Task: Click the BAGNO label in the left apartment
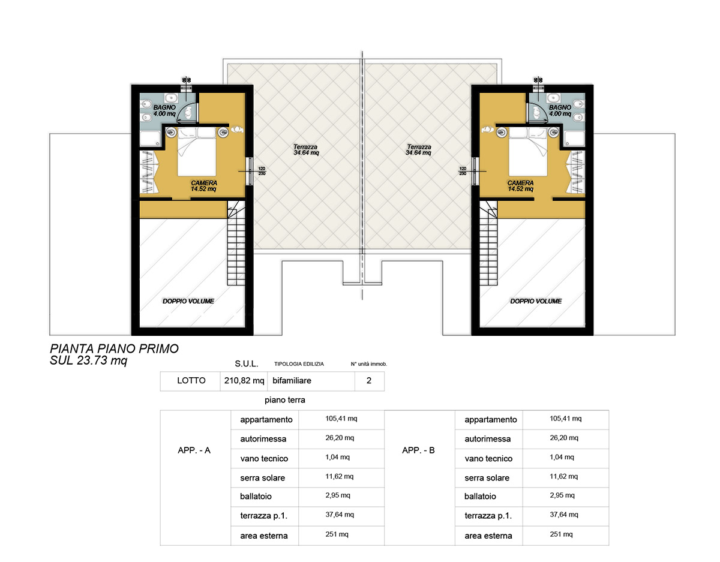click(x=164, y=107)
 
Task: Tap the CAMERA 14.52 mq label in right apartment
click(x=521, y=186)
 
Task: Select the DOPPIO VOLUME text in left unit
click(x=188, y=301)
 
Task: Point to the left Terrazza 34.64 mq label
click(x=306, y=150)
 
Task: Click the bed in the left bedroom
click(x=197, y=152)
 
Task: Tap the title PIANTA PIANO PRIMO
click(x=115, y=348)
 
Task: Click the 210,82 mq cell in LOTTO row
click(x=244, y=380)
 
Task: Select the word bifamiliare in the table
click(x=292, y=380)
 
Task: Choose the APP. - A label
click(x=194, y=450)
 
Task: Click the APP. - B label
click(x=418, y=450)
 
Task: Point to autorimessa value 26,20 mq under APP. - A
click(x=340, y=438)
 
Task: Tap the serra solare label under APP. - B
click(x=487, y=478)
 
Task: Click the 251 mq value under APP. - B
click(x=561, y=534)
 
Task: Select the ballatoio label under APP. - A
click(x=256, y=497)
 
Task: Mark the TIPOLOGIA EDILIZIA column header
click(x=299, y=364)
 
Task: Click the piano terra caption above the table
click(x=284, y=400)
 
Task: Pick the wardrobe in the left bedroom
click(x=149, y=172)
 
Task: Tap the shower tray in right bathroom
click(x=575, y=139)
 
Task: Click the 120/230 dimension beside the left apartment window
click(x=262, y=171)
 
